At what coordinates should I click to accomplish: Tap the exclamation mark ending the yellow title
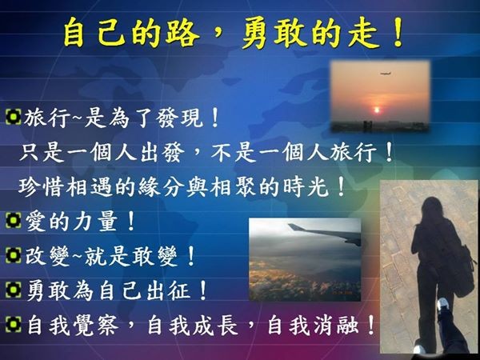click(398, 32)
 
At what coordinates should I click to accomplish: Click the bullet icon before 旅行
click(13, 117)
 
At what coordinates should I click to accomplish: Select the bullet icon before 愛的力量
click(13, 221)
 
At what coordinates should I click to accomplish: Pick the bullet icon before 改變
click(13, 255)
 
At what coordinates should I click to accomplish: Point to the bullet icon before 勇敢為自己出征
click(13, 290)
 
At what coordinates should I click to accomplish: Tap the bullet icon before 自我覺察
click(13, 324)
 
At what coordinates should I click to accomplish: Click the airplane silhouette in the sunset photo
click(386, 73)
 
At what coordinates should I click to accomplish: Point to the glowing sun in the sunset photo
click(377, 110)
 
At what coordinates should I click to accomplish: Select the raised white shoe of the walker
click(442, 305)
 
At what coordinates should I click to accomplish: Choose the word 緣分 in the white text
click(162, 186)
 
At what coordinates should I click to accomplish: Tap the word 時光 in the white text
click(306, 186)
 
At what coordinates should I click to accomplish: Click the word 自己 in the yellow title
click(94, 33)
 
